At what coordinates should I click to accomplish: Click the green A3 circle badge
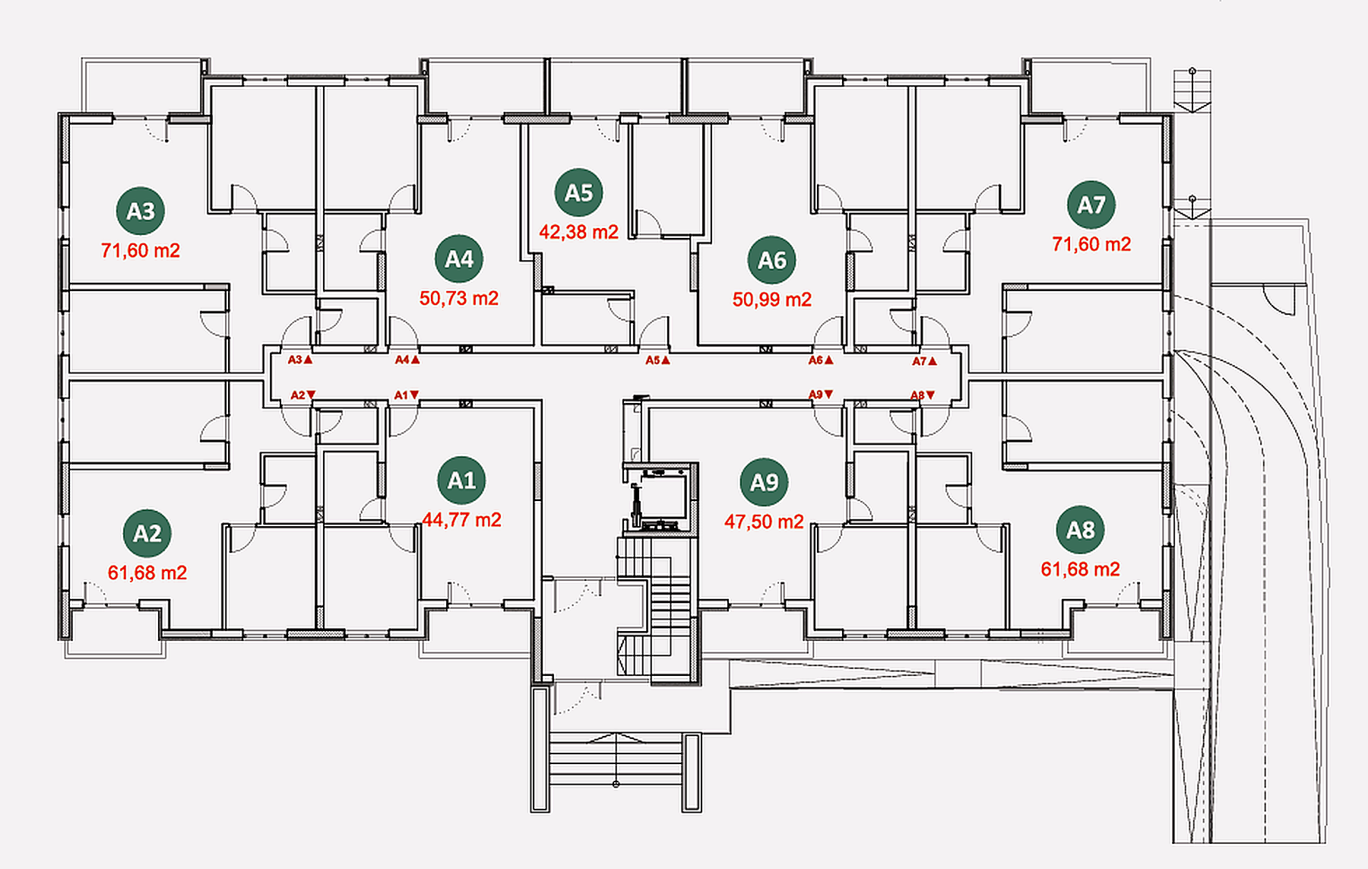pyautogui.click(x=141, y=211)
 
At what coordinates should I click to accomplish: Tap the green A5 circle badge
pyautogui.click(x=578, y=192)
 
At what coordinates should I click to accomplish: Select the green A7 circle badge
pyautogui.click(x=1091, y=205)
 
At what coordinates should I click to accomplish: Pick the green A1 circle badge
pyautogui.click(x=461, y=480)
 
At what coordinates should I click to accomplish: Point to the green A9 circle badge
pyautogui.click(x=764, y=482)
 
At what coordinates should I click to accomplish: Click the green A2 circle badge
pyautogui.click(x=147, y=533)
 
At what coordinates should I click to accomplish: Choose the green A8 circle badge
pyautogui.click(x=1081, y=530)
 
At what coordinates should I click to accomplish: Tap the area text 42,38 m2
pyautogui.click(x=578, y=232)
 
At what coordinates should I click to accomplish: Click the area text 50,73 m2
pyautogui.click(x=459, y=298)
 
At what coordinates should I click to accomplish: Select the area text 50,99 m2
pyautogui.click(x=772, y=300)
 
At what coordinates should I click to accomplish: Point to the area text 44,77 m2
pyautogui.click(x=461, y=520)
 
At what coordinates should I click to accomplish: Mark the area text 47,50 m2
pyautogui.click(x=764, y=522)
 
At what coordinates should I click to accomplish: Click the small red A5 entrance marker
pyautogui.click(x=658, y=360)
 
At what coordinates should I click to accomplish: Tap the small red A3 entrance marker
pyautogui.click(x=300, y=360)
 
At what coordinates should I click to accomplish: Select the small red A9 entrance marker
pyautogui.click(x=821, y=395)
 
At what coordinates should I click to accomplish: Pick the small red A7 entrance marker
pyautogui.click(x=925, y=361)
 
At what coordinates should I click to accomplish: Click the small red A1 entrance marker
pyautogui.click(x=407, y=395)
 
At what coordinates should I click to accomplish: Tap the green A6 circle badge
pyautogui.click(x=772, y=260)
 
